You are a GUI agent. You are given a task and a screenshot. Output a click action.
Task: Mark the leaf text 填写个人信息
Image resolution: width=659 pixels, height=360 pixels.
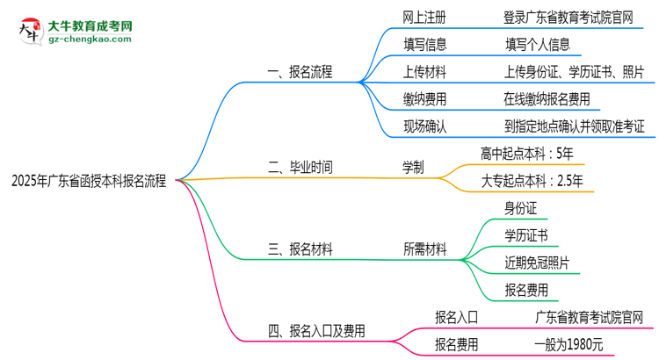[538, 44]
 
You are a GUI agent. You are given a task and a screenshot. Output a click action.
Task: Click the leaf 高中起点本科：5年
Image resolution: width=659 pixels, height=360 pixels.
[527, 153]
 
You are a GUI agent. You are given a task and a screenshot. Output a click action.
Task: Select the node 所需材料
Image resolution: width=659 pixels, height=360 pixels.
[424, 250]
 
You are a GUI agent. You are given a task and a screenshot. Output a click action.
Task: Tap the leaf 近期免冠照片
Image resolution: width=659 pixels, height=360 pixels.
[536, 263]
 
